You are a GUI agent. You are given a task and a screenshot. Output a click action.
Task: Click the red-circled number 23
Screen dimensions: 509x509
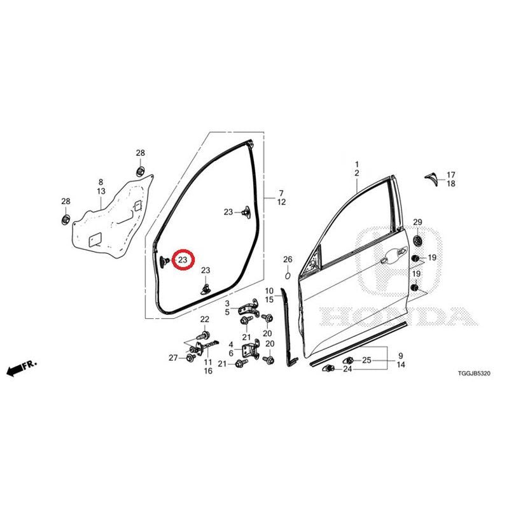tap(183, 260)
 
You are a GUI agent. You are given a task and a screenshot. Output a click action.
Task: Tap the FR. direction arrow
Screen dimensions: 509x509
tap(22, 368)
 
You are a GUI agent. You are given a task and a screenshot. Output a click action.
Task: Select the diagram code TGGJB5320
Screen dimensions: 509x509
tap(474, 373)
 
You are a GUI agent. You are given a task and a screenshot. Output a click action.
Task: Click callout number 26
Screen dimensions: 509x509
tap(288, 260)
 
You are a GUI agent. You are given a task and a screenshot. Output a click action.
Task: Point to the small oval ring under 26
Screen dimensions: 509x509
tap(288, 275)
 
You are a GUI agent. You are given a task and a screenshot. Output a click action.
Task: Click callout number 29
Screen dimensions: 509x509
tap(417, 222)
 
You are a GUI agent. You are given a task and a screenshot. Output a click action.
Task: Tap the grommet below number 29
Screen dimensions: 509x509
tap(417, 241)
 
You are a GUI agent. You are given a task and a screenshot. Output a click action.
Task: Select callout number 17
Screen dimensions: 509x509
tap(451, 175)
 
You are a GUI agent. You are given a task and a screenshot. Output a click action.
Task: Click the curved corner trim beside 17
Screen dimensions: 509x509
tap(433, 179)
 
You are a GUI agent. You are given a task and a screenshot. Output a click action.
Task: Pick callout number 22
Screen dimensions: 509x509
tap(204, 319)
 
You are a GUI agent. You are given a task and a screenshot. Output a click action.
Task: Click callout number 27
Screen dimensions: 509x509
tap(173, 358)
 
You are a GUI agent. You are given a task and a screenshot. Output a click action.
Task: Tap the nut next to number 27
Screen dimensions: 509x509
tap(190, 358)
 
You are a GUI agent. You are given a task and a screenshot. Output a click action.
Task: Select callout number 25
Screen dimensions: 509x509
tap(366, 360)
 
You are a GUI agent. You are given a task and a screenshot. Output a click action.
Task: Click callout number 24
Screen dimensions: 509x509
tap(347, 369)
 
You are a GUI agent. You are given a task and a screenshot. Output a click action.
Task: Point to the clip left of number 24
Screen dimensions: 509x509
tap(328, 368)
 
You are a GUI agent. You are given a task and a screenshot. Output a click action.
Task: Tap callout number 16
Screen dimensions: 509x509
tap(208, 371)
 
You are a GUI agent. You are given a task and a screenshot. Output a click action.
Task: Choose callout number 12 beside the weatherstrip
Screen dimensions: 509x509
tap(281, 202)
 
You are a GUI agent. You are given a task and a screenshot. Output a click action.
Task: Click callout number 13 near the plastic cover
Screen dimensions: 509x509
tap(101, 192)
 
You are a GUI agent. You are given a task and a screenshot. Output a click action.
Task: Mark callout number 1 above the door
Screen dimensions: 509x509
tap(357, 164)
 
